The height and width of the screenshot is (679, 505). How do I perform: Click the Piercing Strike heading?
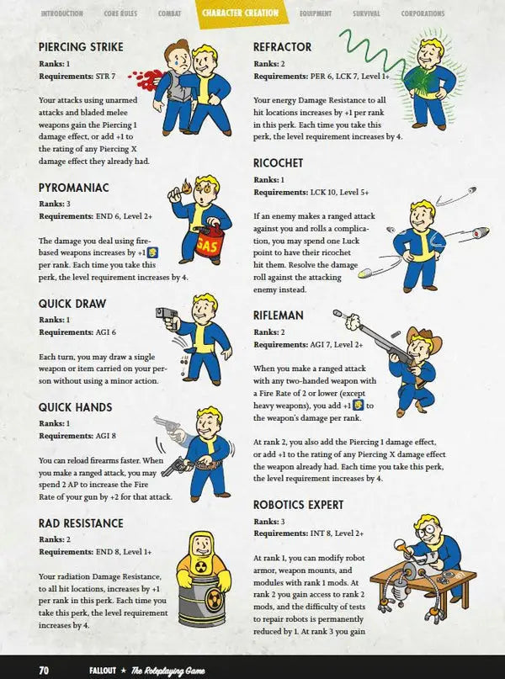(x=81, y=47)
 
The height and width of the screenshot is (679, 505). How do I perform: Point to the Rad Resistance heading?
(x=81, y=523)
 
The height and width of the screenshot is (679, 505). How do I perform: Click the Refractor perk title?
(x=282, y=47)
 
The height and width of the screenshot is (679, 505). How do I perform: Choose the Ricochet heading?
(x=278, y=163)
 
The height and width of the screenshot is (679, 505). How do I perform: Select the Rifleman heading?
(x=279, y=316)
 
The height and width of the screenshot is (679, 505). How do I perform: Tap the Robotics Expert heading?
(x=299, y=505)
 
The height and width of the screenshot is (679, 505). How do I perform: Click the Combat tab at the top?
(x=168, y=13)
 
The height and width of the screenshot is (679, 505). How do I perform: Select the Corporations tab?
(x=423, y=13)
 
